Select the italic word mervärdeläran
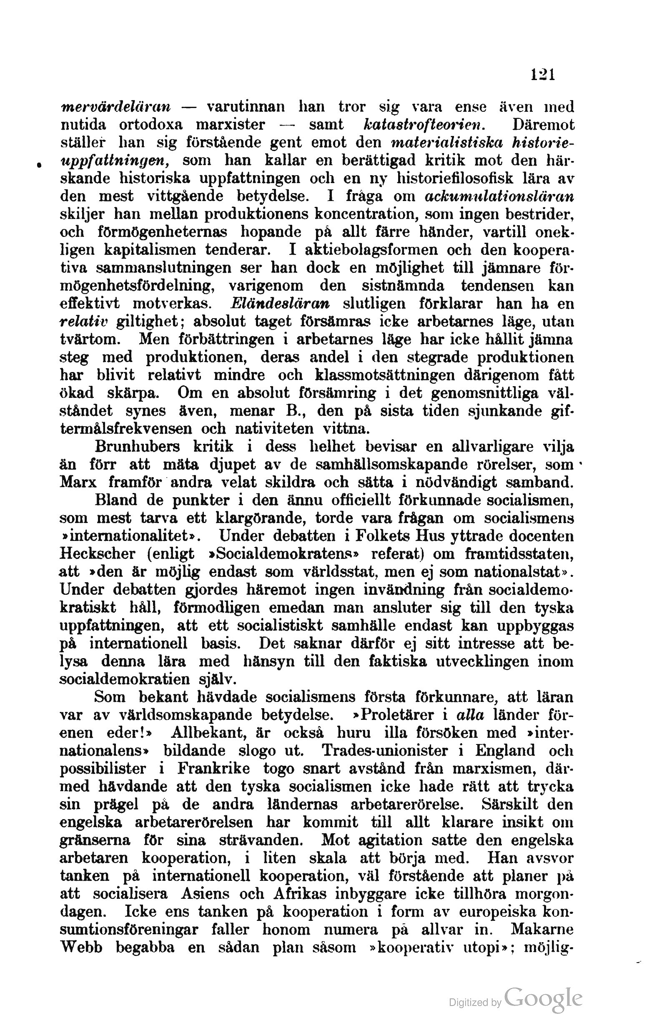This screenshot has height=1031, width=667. pyautogui.click(x=115, y=107)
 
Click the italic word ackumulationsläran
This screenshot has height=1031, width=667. pyautogui.click(x=499, y=196)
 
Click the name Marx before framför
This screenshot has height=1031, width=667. pyautogui.click(x=78, y=482)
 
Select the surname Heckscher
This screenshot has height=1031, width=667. pyautogui.click(x=98, y=553)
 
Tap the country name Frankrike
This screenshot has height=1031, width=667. pyautogui.click(x=213, y=769)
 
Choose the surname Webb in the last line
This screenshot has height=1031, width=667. pyautogui.click(x=81, y=948)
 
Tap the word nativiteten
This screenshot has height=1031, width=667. pyautogui.click(x=275, y=428)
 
